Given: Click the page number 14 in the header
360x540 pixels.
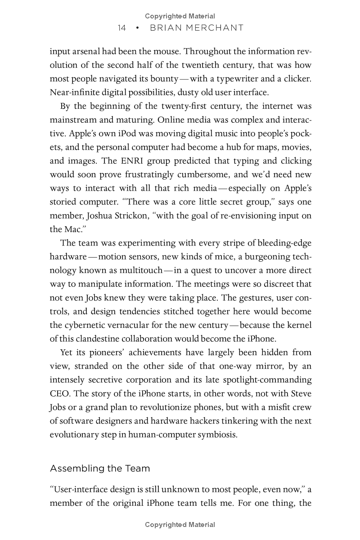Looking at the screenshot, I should (x=121, y=28).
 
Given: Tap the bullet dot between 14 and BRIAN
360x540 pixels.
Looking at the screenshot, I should (x=137, y=28).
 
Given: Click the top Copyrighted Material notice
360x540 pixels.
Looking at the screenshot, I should (x=180, y=16).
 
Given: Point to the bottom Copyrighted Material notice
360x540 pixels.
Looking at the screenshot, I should (x=180, y=524).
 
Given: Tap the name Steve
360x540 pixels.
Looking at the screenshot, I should (x=300, y=394).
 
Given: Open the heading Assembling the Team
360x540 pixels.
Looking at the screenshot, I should (x=100, y=469).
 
